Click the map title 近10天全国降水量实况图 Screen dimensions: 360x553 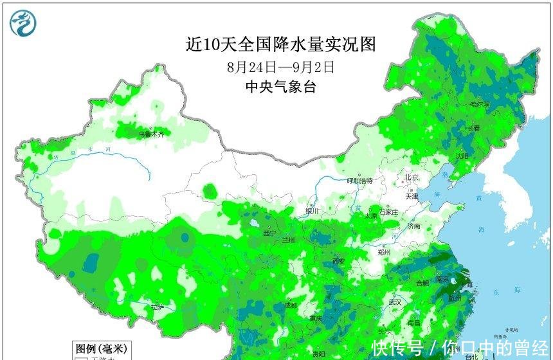(x=280, y=44)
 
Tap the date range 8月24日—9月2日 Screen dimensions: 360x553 (x=280, y=66)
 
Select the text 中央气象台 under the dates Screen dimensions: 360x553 (x=281, y=87)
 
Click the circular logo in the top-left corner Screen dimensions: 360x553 (x=23, y=23)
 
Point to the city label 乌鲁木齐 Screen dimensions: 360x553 (x=151, y=134)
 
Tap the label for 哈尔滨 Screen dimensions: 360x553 (x=480, y=104)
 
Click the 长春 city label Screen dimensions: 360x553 (x=473, y=129)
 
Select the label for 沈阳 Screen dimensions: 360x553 (x=462, y=156)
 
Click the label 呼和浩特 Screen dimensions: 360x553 (x=359, y=181)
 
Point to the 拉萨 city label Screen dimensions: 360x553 (x=157, y=308)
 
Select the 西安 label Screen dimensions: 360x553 (x=339, y=261)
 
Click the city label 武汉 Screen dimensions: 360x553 (x=394, y=301)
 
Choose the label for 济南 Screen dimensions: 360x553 (x=413, y=226)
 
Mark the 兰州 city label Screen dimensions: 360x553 (x=289, y=240)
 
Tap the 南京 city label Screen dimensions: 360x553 (x=442, y=280)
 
